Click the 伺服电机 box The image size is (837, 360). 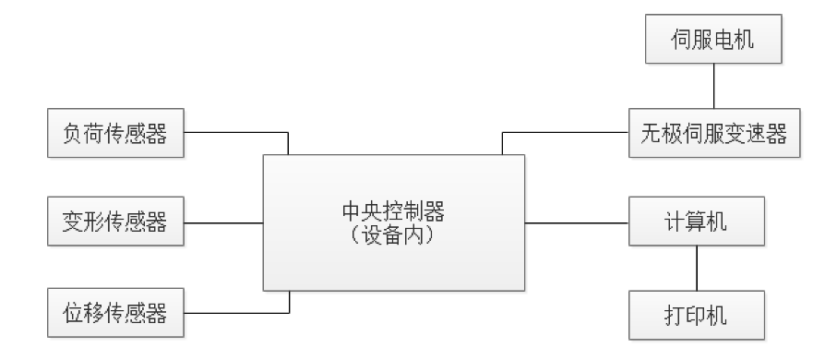click(714, 42)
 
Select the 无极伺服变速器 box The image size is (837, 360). click(714, 132)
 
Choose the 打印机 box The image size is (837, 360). click(696, 314)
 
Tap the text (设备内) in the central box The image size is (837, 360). click(394, 234)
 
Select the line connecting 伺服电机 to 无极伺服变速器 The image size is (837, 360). click(714, 87)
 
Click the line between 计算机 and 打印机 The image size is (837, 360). click(696, 269)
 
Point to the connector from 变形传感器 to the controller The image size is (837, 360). click(223, 222)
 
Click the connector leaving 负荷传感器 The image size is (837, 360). click(235, 132)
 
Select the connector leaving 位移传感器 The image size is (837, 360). click(235, 313)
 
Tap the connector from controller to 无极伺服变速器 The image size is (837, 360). click(563, 132)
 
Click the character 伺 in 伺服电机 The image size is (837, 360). click(681, 42)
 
